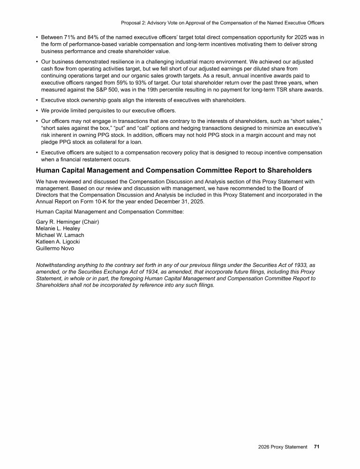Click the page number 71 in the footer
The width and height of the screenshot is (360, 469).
[x=316, y=447]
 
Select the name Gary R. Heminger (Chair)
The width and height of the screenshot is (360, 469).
[x=67, y=222]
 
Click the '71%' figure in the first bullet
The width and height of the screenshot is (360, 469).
[x=74, y=37]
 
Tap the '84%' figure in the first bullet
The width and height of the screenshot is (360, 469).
[x=99, y=37]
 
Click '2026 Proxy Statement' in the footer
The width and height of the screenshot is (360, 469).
[x=283, y=447]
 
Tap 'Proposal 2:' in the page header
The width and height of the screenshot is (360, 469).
[x=135, y=23]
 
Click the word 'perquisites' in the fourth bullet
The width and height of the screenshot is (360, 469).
[x=103, y=110]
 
